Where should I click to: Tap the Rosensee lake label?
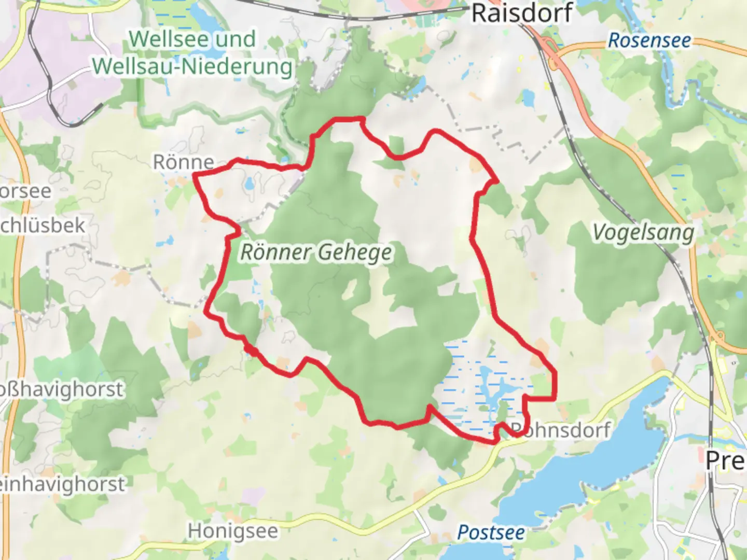649,40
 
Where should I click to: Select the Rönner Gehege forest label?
316,253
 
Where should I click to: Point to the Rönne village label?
183,162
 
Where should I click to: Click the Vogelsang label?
643,233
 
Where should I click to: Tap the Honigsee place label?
233,531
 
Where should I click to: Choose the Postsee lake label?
491,533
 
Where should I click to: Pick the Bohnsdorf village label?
560,430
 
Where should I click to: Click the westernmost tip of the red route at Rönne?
195,175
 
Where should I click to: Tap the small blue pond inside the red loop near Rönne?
250,183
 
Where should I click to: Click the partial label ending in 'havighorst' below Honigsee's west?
62,484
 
